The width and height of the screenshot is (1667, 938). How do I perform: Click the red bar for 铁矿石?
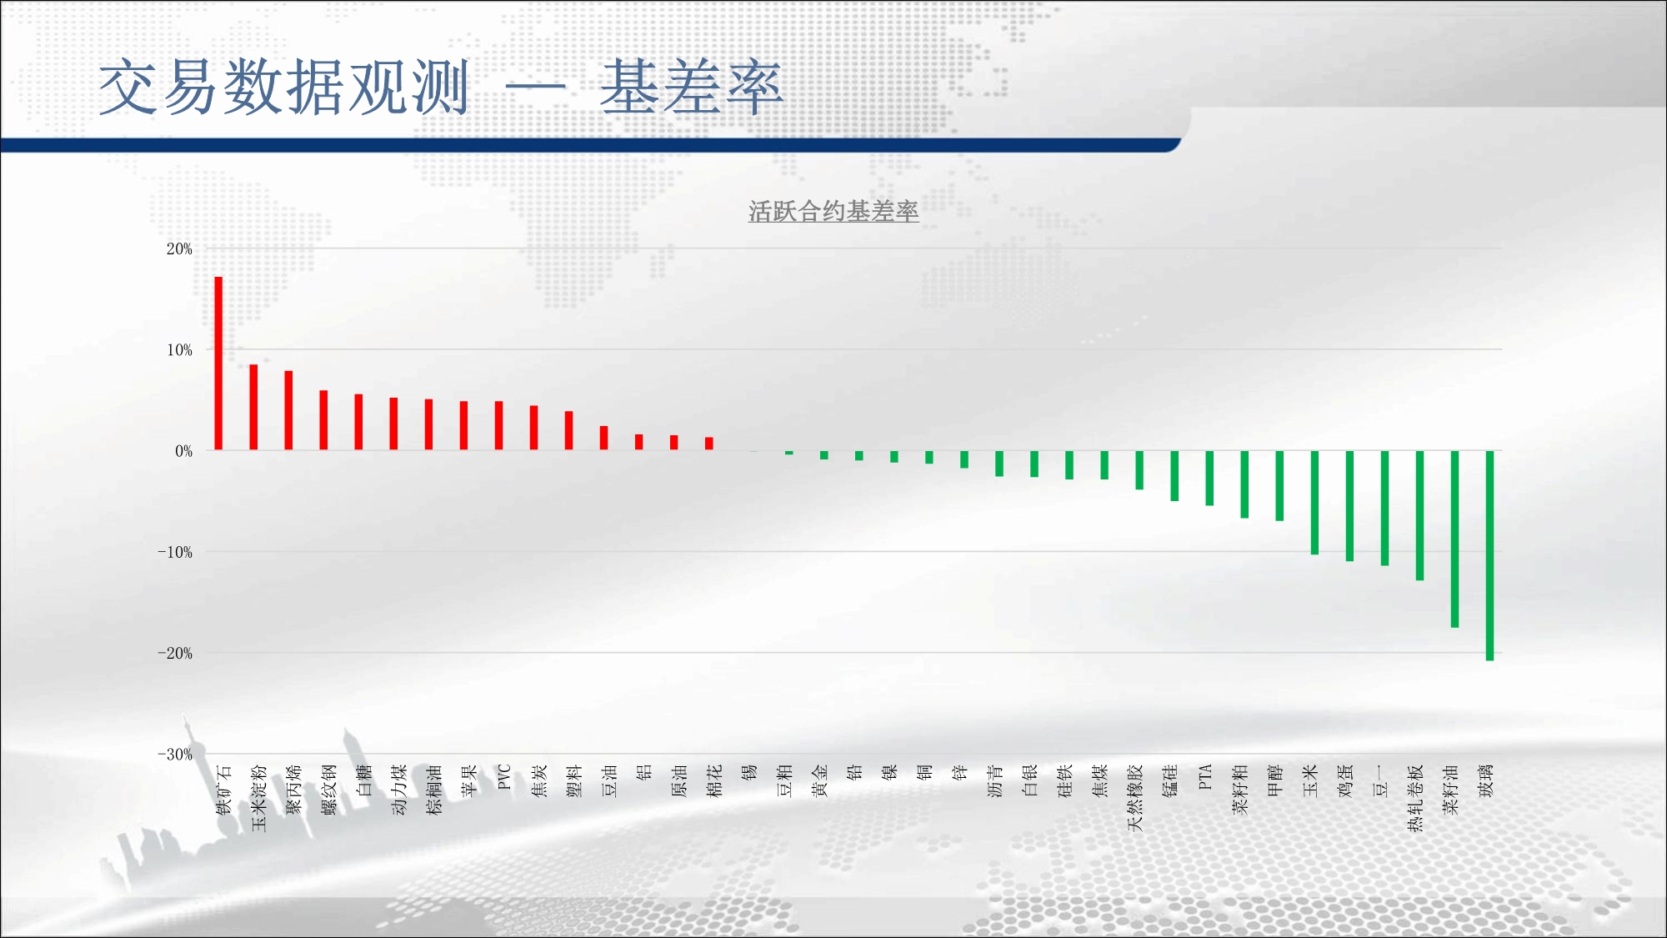click(218, 364)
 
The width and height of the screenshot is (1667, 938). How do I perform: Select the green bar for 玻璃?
click(1489, 555)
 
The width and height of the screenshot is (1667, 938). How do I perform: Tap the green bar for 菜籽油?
click(1454, 539)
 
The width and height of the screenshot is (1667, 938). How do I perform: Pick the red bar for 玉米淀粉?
click(253, 408)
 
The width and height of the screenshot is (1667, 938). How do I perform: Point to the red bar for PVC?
click(498, 426)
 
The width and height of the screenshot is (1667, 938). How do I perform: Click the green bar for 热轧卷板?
click(1419, 515)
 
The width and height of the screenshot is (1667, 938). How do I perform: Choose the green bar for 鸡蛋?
click(1349, 505)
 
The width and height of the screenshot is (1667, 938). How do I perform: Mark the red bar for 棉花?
click(708, 444)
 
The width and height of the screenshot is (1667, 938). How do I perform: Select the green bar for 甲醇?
click(1279, 485)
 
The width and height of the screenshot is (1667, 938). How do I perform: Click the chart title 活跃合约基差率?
click(833, 212)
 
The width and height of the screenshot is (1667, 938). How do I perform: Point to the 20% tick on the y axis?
click(179, 248)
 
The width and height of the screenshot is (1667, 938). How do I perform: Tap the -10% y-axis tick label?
click(175, 552)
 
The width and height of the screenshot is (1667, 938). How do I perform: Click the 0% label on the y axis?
click(183, 451)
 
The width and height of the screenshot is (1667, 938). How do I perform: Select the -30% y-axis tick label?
click(175, 755)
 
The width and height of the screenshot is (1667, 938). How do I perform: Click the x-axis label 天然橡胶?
click(1134, 798)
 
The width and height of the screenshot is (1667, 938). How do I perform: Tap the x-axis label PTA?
click(1204, 777)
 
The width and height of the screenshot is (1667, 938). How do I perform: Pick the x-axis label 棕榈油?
click(433, 790)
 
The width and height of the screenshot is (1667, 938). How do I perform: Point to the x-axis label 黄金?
click(819, 780)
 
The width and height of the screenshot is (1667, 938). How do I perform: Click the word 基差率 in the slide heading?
click(692, 87)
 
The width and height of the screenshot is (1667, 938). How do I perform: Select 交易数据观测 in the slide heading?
click(284, 87)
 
